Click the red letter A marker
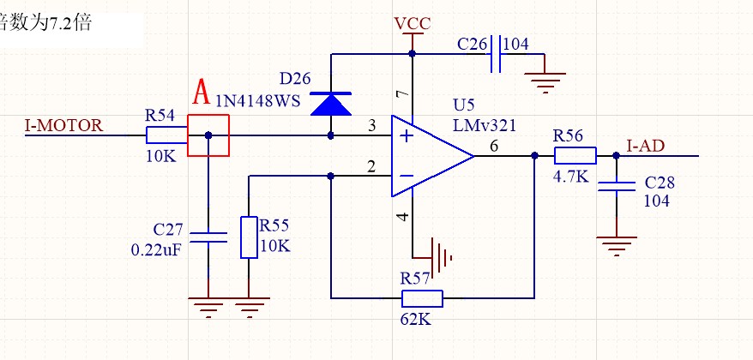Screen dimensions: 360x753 point(202,90)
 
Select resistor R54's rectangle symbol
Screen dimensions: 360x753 point(166,135)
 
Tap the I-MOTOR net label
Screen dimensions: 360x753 point(64,125)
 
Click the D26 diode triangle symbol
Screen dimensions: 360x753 point(331,104)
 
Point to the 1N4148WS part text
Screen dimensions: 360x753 point(257,101)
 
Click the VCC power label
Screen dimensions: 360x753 point(413,22)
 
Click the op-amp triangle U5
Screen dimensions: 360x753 point(429,156)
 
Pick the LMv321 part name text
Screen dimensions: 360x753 point(485,125)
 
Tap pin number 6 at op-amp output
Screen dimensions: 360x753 point(494,147)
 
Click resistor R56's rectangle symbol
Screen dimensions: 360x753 point(575,156)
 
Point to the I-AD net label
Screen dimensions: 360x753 point(645,146)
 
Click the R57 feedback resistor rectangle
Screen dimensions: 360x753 point(422,298)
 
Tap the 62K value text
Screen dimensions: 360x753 point(416,319)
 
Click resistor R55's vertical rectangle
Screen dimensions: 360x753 point(249,237)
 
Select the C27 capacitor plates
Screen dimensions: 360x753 point(208,237)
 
